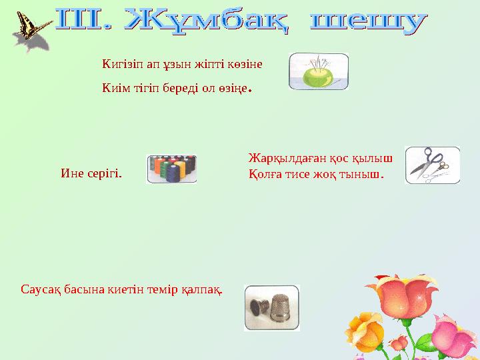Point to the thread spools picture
click(171, 169)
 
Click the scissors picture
click(431, 165)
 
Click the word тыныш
click(367, 175)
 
